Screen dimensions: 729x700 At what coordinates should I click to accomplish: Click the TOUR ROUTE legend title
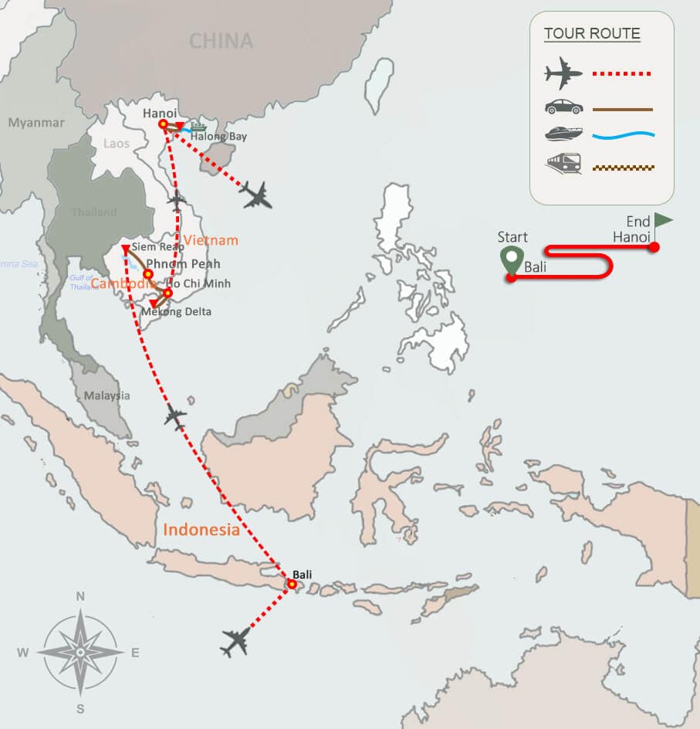point(592,34)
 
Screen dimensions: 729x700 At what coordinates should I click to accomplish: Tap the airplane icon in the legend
point(563,75)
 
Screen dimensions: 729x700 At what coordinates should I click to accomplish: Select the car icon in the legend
point(563,107)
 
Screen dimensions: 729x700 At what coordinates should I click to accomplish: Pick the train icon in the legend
point(563,164)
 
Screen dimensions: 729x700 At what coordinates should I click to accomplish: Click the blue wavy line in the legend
point(624,136)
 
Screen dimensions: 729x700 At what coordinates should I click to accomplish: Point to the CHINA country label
point(221,40)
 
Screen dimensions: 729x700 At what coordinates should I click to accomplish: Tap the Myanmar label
point(36,123)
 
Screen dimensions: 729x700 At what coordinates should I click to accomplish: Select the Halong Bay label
point(219,137)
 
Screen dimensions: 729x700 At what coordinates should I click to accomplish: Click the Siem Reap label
point(158,246)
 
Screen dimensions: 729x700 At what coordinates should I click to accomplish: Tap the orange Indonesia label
point(201,530)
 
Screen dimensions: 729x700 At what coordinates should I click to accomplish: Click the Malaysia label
point(107,395)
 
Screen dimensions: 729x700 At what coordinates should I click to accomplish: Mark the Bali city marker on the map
point(292,585)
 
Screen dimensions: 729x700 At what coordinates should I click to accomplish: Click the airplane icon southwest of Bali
point(236,642)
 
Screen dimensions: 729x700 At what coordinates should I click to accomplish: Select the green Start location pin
point(510,260)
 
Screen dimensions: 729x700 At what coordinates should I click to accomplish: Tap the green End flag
point(662,222)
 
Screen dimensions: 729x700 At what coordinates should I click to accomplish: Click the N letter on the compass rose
point(80,595)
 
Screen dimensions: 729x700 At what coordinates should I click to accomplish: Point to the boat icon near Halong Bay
point(198,127)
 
